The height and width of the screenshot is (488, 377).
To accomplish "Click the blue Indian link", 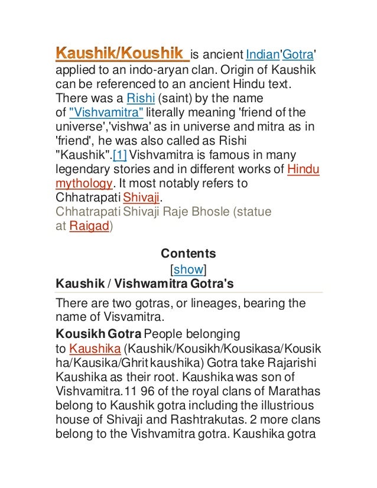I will pyautogui.click(x=262, y=55).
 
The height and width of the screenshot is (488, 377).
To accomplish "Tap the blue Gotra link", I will pyautogui.click(x=298, y=55).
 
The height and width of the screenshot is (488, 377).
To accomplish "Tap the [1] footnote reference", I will pyautogui.click(x=119, y=155).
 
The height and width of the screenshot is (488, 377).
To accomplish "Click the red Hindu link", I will pyautogui.click(x=303, y=170).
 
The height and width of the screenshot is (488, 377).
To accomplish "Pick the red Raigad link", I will pyautogui.click(x=89, y=226).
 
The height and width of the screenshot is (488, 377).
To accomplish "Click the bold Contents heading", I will pyautogui.click(x=188, y=254).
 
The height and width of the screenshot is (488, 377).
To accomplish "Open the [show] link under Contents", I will pyautogui.click(x=188, y=269).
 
